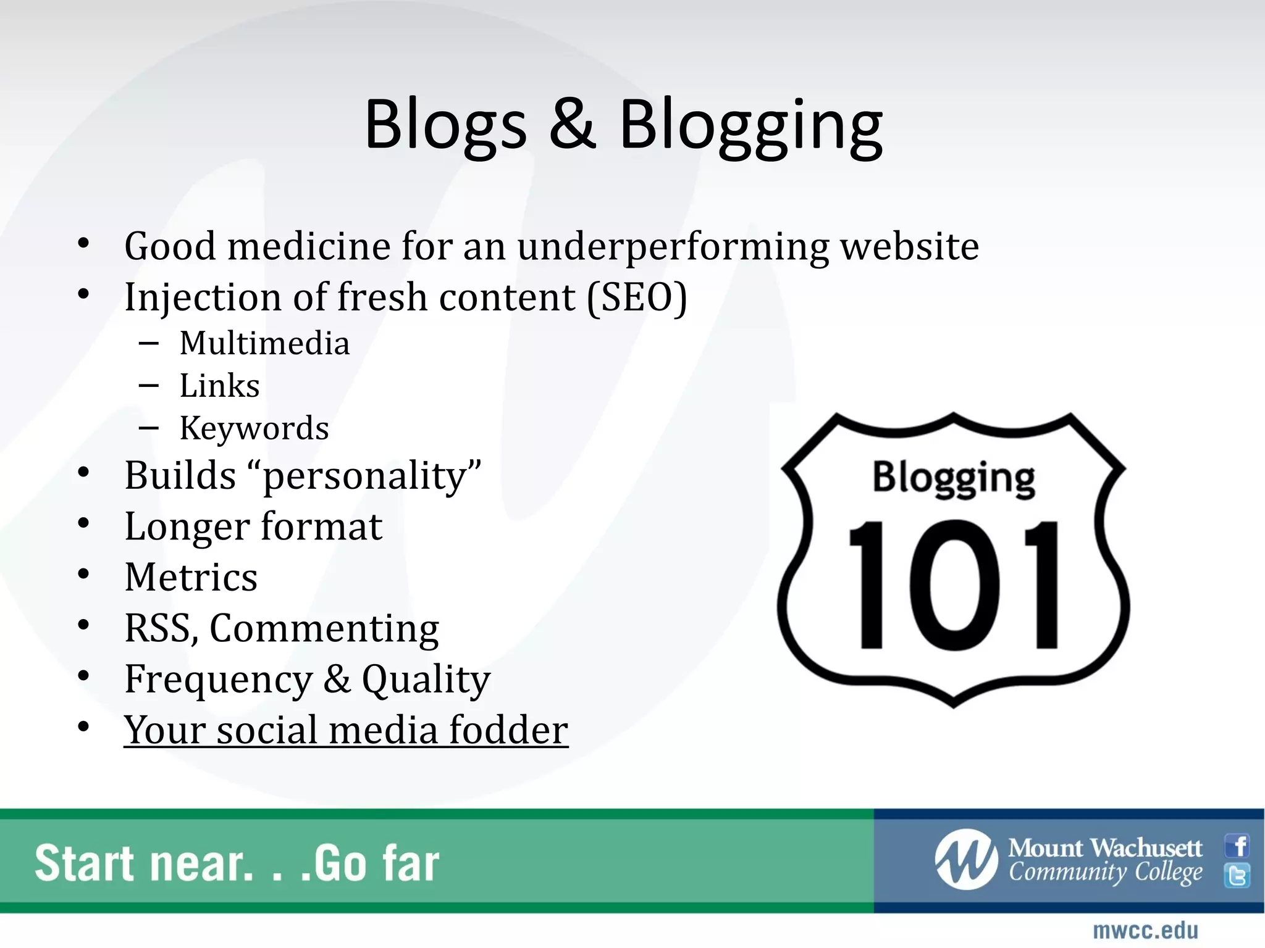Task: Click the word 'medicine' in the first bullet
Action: [x=309, y=246]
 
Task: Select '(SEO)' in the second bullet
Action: [x=637, y=297]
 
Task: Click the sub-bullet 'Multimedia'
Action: [x=264, y=343]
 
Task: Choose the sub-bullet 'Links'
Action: [x=219, y=386]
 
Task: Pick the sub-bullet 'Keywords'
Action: [x=254, y=428]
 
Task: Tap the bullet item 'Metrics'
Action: [x=191, y=577]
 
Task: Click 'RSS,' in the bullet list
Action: [x=161, y=628]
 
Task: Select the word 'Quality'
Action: [x=426, y=680]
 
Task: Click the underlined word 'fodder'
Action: [x=508, y=730]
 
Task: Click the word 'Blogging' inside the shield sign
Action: [x=953, y=478]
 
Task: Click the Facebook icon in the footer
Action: [x=1238, y=846]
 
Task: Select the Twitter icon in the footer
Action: [x=1237, y=875]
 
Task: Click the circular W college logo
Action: [x=965, y=860]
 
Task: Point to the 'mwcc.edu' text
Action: [x=1145, y=930]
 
